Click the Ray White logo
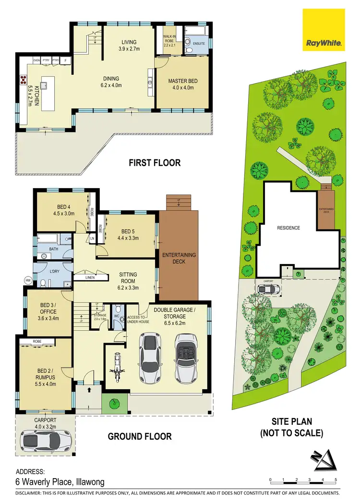(324, 30)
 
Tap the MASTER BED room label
(182, 84)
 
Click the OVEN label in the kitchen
(36, 60)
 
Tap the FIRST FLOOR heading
(155, 163)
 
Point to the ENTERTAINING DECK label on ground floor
(178, 258)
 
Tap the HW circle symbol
(28, 280)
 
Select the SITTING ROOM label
(128, 278)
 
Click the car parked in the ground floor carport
(46, 440)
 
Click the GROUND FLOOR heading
(140, 436)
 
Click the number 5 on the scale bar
(336, 480)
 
